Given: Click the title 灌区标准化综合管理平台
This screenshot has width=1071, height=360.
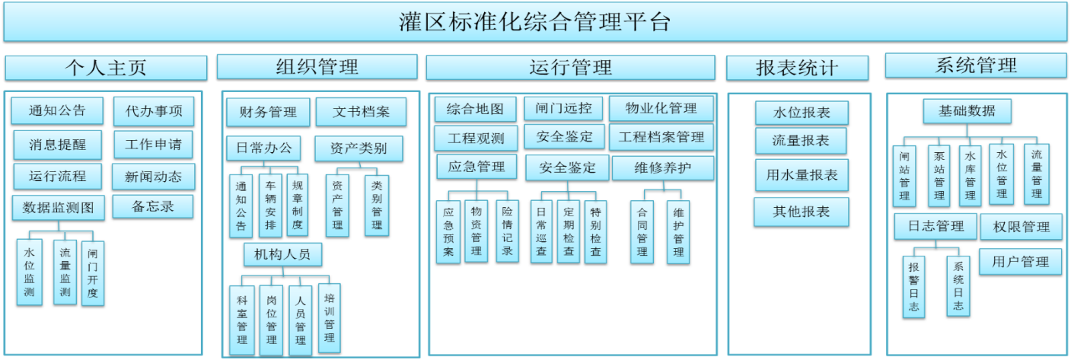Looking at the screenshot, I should [534, 21].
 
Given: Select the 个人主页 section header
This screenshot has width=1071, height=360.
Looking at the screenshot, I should [105, 68].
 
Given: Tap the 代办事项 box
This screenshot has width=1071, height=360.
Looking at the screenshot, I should [154, 112].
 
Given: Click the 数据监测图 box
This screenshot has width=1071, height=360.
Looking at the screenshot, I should [58, 207].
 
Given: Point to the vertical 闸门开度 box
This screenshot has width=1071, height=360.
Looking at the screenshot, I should [93, 273].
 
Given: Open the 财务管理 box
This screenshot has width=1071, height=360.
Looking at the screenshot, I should [267, 113].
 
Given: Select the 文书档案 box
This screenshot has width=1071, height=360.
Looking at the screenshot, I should [361, 113].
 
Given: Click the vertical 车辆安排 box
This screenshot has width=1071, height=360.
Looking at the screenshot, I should [270, 205].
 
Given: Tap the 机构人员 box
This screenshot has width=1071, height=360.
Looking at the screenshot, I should [282, 253].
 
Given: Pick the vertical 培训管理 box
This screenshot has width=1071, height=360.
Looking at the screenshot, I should [329, 317].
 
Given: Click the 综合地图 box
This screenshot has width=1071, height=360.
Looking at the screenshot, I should [475, 109].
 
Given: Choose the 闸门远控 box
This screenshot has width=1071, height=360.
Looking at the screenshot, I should [563, 108].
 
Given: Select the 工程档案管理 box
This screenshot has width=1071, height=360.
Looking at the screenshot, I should [661, 138].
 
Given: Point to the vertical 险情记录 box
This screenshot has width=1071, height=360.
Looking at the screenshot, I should [507, 231].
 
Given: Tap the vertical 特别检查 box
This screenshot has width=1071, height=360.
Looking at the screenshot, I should [595, 231].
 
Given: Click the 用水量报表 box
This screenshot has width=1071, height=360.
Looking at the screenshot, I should [801, 175].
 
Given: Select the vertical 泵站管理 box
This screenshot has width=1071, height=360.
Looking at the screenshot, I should [939, 175].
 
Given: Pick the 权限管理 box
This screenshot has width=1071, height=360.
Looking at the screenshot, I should [1021, 226].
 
